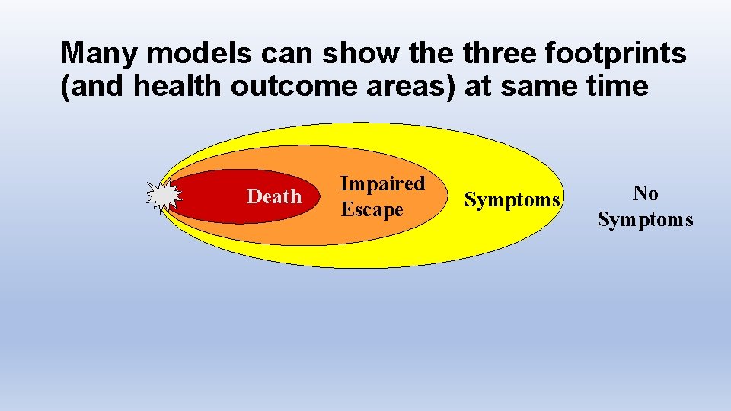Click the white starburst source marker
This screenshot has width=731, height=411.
[x=163, y=196]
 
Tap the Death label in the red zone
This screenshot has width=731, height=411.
[x=274, y=197]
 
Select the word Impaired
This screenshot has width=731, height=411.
[x=382, y=183]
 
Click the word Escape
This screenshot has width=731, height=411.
[x=372, y=209]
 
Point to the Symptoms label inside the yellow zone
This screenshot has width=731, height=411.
[x=512, y=200]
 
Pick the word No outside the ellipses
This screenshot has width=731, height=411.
[x=645, y=193]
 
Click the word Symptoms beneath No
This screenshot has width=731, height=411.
[x=645, y=220]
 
